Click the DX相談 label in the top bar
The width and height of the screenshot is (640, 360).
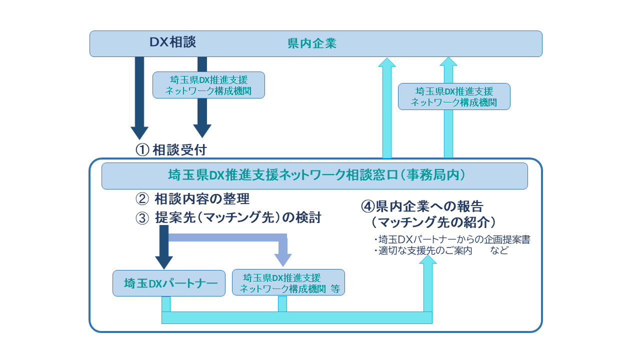click(172, 42)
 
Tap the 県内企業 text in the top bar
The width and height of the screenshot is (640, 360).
click(312, 43)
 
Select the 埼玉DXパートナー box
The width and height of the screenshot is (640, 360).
click(169, 283)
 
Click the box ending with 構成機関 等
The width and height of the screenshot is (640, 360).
click(288, 282)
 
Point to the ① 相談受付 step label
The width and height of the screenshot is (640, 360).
click(171, 149)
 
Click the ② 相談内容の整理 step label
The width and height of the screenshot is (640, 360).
click(192, 199)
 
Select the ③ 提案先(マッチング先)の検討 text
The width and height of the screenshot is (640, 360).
click(228, 217)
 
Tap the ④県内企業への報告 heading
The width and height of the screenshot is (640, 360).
click(422, 206)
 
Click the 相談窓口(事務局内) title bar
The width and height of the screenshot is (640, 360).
click(314, 176)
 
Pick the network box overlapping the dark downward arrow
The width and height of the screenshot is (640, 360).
click(208, 85)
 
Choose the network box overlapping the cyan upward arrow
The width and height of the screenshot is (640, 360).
click(454, 96)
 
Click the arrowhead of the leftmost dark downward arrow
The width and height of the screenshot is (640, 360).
click(139, 133)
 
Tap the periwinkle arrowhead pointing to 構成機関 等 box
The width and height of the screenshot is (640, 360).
click(283, 260)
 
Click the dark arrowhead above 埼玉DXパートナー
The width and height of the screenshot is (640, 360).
click(164, 262)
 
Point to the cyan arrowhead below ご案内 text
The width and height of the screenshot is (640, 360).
click(427, 259)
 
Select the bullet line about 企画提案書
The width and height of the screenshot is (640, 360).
click(452, 239)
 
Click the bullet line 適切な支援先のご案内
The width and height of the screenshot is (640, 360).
click(423, 250)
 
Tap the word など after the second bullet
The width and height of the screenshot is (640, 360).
click(499, 250)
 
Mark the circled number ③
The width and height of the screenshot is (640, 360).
click(142, 218)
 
